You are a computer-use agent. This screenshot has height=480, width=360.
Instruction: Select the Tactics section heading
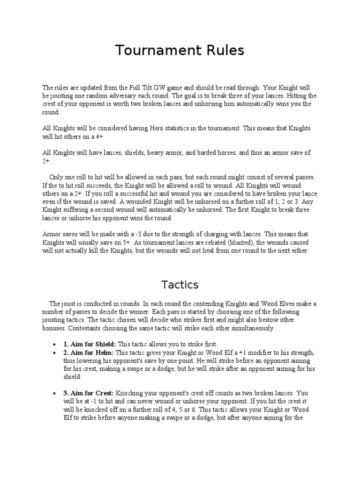pos(180,285)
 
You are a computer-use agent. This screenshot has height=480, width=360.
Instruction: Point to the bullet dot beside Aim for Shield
pos(56,344)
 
